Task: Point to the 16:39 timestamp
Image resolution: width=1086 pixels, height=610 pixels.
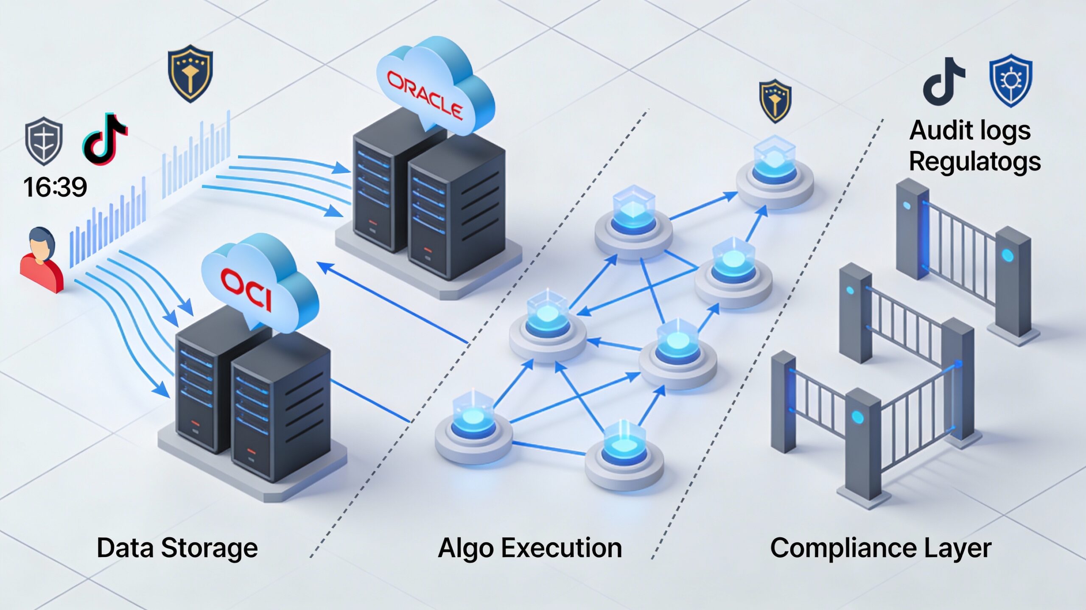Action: pos(55,187)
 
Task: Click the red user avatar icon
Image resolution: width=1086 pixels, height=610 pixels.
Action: pos(41,261)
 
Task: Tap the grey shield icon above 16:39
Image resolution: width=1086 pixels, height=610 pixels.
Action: pos(44,142)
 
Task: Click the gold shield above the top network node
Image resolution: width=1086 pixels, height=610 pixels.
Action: pos(775,101)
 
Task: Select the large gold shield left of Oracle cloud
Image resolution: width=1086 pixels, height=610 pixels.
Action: pos(190,73)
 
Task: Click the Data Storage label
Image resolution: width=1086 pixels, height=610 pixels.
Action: pos(177,548)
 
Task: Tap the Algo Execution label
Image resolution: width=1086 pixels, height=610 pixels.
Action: pos(530,548)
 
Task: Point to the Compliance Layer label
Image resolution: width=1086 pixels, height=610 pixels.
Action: pos(881,548)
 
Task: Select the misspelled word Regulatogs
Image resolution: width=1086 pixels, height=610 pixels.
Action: pos(975,162)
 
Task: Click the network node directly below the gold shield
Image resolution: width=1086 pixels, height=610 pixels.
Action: pos(775,174)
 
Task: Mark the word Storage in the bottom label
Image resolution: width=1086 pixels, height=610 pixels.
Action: pos(210,548)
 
